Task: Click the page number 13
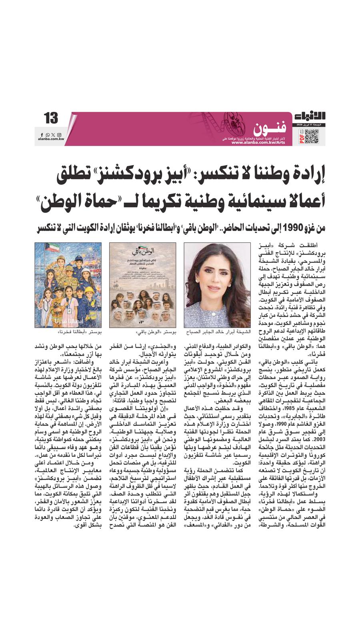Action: point(51,118)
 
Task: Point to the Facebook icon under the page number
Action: point(42,135)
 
